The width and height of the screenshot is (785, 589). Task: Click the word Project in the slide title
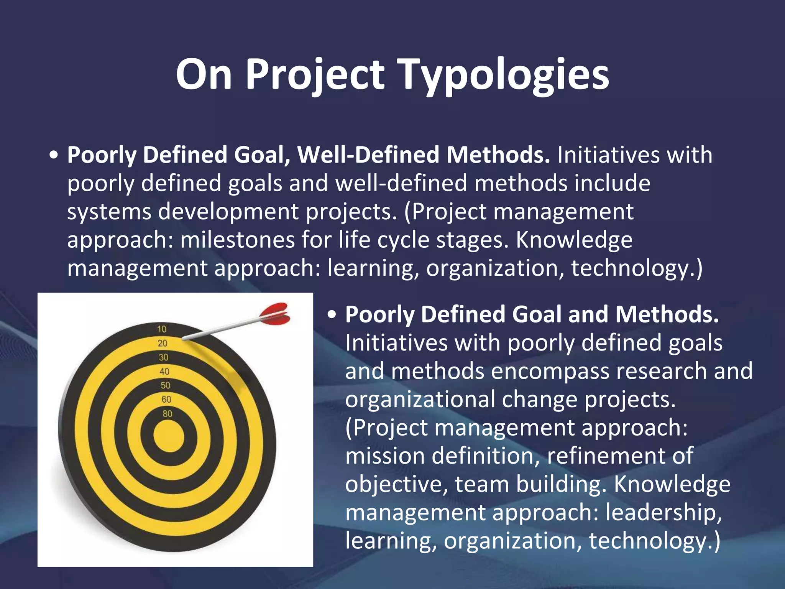pos(314,75)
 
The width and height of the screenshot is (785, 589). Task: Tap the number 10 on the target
pos(162,329)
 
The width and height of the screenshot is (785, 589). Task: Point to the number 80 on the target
pos(168,414)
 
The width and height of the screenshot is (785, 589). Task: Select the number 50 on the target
pos(165,385)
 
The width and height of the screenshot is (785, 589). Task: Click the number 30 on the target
pos(164,357)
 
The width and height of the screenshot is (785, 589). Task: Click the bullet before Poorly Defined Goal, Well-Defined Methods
pos(54,156)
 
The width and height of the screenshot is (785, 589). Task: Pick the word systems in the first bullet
pos(109,212)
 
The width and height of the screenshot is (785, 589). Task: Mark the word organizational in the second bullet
pos(420,400)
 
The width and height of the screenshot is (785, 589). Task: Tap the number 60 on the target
pos(166,400)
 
